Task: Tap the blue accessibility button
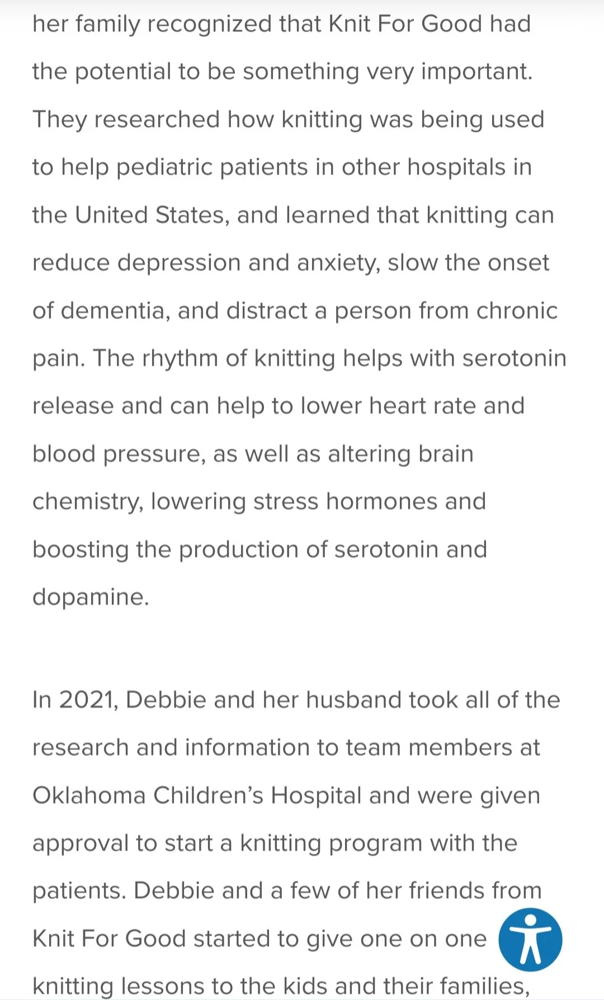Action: point(530,940)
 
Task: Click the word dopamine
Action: point(91,598)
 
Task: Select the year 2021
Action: point(88,700)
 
